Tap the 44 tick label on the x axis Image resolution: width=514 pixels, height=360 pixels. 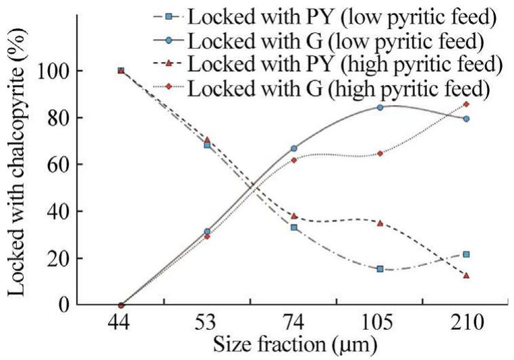click(121, 324)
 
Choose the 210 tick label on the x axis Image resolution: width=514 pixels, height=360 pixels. click(466, 324)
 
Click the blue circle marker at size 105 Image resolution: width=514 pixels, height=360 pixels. click(380, 107)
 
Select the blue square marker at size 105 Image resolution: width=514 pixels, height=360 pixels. click(380, 269)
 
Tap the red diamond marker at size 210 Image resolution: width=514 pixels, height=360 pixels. click(466, 104)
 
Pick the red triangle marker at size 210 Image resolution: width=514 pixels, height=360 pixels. click(466, 275)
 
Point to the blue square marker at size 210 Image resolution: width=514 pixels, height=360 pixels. click(466, 254)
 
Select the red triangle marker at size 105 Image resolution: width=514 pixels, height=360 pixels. click(380, 222)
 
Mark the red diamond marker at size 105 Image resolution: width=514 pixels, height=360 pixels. click(380, 153)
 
